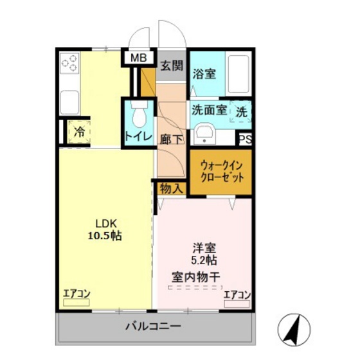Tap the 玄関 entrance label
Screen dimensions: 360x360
172,65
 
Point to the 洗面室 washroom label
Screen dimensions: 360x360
209,110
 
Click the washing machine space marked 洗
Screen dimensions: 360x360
240,111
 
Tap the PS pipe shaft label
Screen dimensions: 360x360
244,139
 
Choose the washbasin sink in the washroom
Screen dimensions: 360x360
206,134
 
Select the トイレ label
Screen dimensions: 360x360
138,137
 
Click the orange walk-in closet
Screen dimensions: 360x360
221,170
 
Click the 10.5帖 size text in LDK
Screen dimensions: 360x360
104,235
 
